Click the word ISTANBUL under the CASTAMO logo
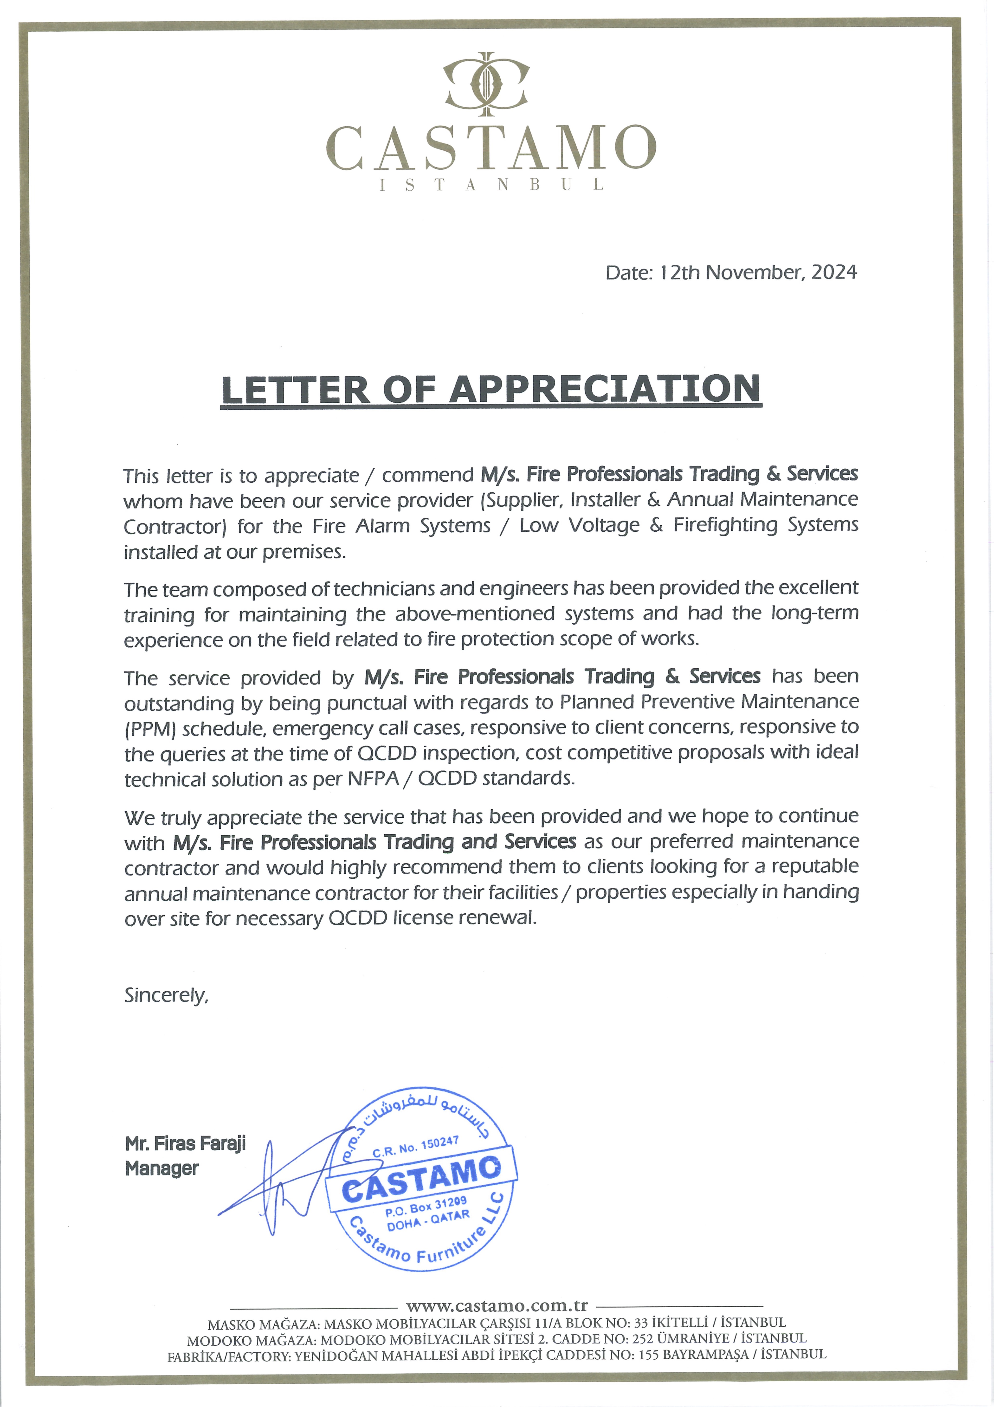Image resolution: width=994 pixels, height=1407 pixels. [x=491, y=184]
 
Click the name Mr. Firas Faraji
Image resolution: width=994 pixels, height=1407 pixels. [x=185, y=1143]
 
